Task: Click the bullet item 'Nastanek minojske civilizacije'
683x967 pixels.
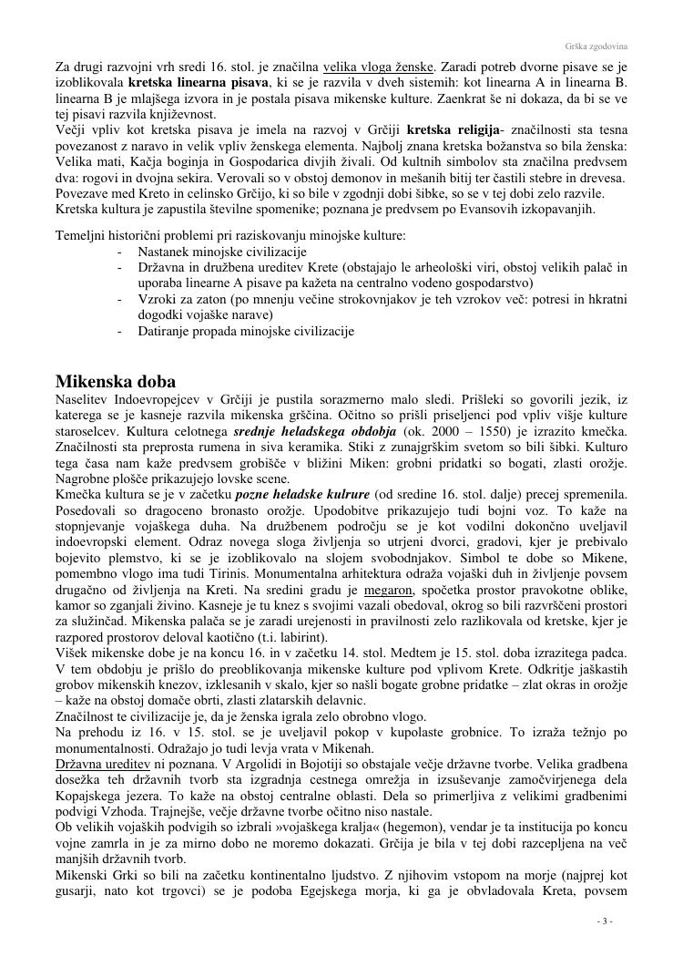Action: [222, 252]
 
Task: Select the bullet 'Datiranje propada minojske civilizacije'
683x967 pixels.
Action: [246, 331]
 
